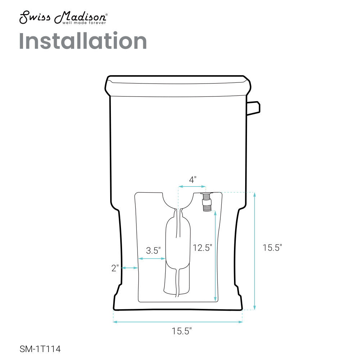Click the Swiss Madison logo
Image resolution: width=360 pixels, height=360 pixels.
(63, 17)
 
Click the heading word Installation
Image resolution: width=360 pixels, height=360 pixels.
(83, 41)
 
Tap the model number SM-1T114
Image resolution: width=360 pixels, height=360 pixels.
(40, 349)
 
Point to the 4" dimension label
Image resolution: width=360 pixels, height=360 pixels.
(193, 180)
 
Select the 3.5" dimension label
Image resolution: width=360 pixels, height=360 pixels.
(153, 251)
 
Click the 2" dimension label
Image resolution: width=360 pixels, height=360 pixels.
(115, 268)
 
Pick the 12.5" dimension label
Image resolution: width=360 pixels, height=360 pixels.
(202, 248)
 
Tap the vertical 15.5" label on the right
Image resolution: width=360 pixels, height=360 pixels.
(272, 248)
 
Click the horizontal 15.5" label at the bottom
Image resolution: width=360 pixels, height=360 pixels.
(181, 331)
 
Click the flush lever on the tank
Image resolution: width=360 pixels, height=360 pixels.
(253, 108)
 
